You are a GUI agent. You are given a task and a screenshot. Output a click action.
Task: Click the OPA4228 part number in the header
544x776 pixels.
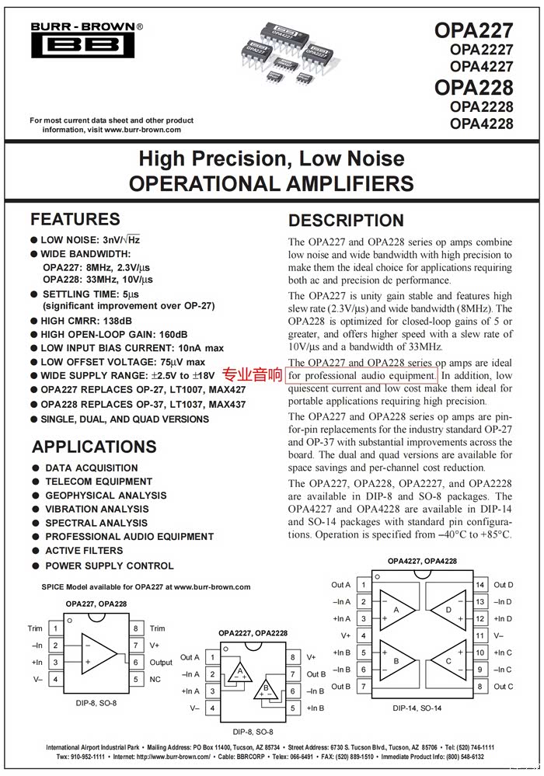(481, 124)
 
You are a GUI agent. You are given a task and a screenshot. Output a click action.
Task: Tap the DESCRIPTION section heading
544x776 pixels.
(346, 221)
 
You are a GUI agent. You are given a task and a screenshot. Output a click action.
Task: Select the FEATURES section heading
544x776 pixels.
(75, 219)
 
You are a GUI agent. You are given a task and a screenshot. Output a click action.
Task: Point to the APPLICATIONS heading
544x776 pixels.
(94, 447)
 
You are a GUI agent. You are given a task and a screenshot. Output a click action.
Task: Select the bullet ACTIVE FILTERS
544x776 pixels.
(84, 551)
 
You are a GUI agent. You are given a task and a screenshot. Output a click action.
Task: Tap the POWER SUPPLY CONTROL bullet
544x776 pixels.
(109, 565)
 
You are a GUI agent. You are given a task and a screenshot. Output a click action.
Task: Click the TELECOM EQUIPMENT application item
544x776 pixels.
(99, 482)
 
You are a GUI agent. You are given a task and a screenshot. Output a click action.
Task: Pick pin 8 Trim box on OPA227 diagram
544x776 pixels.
(136, 628)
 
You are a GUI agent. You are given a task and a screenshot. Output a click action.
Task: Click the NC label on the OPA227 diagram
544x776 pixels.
(155, 679)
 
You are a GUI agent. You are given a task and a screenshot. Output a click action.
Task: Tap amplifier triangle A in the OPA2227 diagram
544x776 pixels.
(240, 672)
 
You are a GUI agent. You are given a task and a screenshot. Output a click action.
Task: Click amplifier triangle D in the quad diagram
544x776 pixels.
(448, 610)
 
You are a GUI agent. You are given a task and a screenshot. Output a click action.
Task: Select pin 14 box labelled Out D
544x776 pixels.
(480, 585)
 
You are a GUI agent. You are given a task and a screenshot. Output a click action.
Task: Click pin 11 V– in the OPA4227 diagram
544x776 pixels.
(480, 635)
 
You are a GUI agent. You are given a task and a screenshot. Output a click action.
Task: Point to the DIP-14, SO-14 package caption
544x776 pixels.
(417, 708)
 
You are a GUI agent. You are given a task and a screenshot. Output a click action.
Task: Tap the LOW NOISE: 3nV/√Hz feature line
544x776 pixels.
(89, 240)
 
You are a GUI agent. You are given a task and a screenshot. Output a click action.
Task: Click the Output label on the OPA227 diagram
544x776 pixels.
(161, 663)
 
